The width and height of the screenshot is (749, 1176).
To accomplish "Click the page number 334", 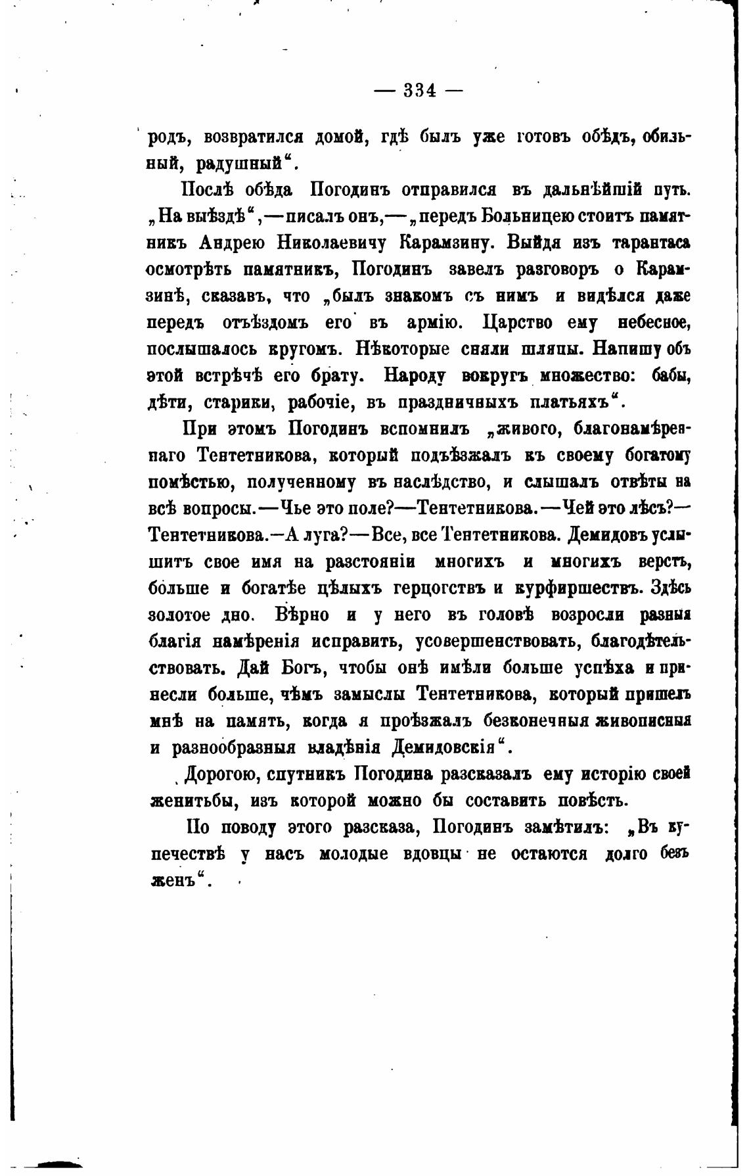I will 419,91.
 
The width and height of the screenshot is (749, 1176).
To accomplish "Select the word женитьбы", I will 190,801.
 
